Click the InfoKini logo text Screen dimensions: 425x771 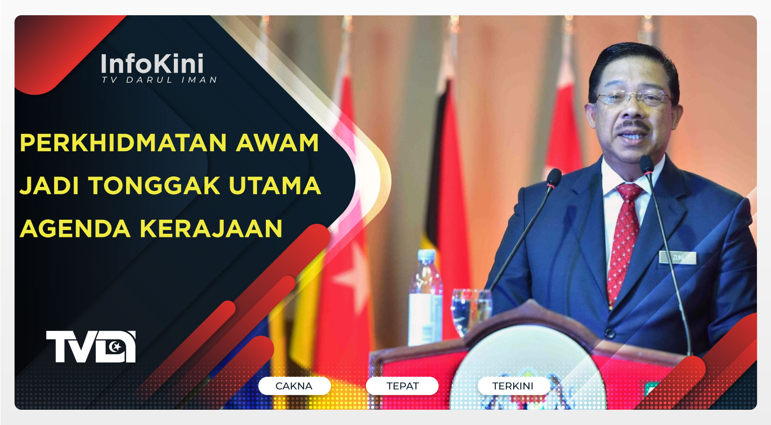[152, 64]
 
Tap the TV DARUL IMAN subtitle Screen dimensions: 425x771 [159, 80]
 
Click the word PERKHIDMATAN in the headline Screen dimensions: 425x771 [123, 143]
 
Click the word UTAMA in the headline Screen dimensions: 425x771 [275, 186]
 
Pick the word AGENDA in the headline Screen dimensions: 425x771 [75, 229]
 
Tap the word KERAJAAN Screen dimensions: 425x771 [211, 229]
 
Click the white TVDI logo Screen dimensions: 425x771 [91, 347]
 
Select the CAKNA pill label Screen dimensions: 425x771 [294, 386]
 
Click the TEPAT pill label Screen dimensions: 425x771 [402, 386]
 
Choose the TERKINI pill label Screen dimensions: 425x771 [513, 386]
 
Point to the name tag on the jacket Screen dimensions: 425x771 [677, 257]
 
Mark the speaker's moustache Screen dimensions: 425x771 [633, 126]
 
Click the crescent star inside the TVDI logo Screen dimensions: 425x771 [116, 346]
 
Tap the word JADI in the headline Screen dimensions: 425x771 [49, 186]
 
